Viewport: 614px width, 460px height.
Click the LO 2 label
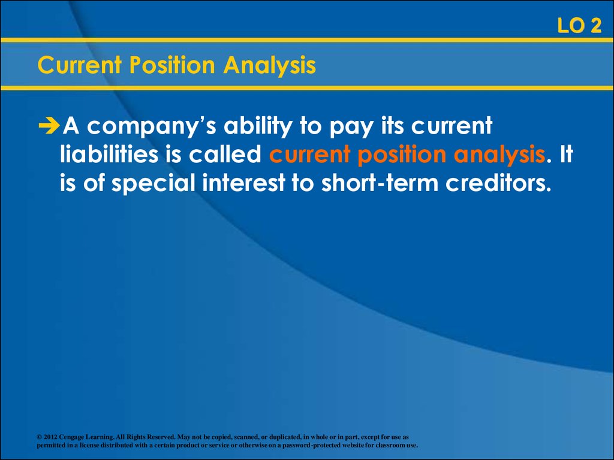point(579,26)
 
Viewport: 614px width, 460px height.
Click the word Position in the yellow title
point(172,65)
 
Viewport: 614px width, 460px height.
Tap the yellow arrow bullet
point(49,125)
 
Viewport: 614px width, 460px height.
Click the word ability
point(258,126)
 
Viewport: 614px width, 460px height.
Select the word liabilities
point(109,154)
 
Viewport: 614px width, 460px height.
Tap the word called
point(225,154)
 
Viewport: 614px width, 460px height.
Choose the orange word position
point(402,155)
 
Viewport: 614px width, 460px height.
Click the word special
point(153,183)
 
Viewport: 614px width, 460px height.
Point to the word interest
point(243,183)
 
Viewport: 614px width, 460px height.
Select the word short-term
point(380,183)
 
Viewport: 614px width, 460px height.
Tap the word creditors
point(498,183)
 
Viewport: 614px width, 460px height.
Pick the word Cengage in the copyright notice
point(71,437)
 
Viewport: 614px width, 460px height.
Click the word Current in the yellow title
point(79,65)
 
